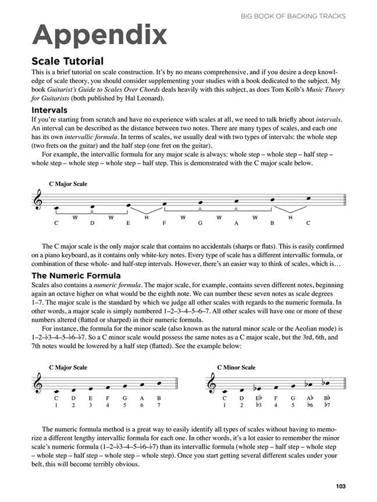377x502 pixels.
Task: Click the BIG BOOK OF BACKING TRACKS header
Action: (x=293, y=16)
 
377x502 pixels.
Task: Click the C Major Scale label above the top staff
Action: (x=68, y=184)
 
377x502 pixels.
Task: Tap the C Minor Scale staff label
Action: (x=236, y=367)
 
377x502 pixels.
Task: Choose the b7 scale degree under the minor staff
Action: (x=328, y=404)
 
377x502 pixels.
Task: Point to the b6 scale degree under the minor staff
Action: (x=311, y=404)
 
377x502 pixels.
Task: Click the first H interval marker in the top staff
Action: (x=147, y=217)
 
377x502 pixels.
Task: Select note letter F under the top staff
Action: (x=165, y=223)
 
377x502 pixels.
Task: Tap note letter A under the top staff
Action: (x=236, y=223)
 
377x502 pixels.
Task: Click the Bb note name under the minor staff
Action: (x=328, y=397)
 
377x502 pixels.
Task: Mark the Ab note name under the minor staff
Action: (x=311, y=397)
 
